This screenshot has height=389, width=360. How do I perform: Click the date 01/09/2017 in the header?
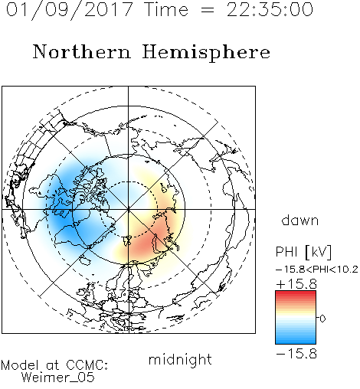[70, 10]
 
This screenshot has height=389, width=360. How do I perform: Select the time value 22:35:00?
[270, 9]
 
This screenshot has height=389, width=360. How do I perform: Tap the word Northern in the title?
[82, 51]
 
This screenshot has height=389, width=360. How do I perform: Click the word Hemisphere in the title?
[206, 53]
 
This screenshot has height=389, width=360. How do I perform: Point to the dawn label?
[300, 220]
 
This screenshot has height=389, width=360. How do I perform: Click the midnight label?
[180, 360]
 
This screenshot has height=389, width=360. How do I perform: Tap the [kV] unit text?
[319, 252]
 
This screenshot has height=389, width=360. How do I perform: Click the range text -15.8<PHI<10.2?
[317, 270]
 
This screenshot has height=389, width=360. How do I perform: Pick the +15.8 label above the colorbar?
[296, 284]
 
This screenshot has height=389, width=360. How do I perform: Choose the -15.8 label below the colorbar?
[296, 354]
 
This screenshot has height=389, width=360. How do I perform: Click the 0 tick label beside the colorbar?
[322, 319]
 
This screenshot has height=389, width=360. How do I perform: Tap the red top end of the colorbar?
[296, 293]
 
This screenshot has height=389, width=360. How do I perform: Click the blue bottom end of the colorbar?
[296, 342]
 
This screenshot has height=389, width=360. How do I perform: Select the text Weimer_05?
[58, 378]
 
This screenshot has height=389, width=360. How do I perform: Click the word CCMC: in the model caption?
[87, 365]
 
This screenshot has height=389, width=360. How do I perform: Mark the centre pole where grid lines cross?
[128, 209]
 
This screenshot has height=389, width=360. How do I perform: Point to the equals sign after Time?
[207, 10]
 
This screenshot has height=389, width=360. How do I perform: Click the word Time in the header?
[166, 10]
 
